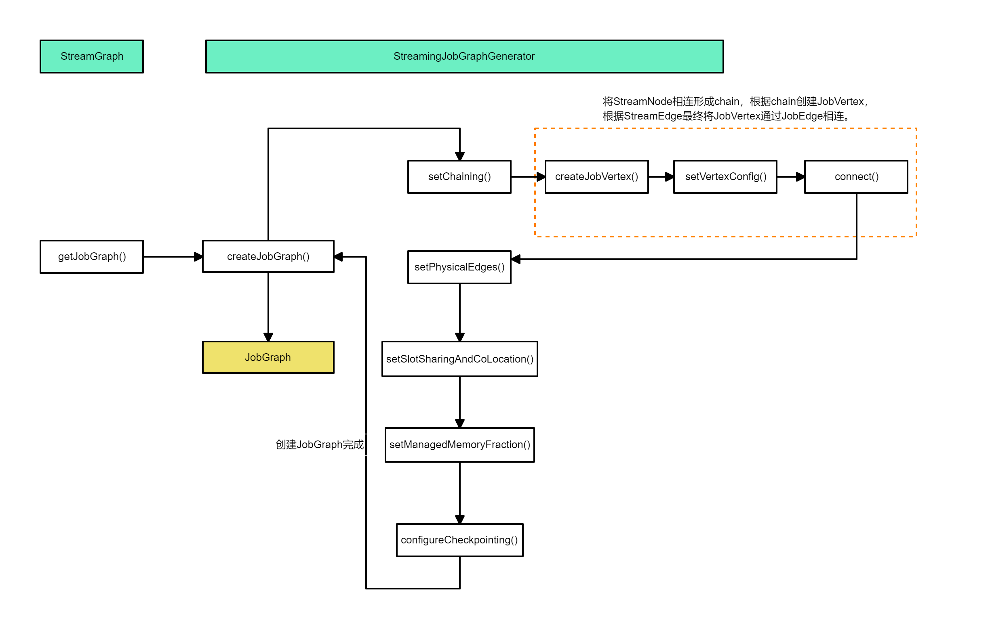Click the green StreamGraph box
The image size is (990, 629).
(x=92, y=56)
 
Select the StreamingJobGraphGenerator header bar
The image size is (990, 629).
(x=464, y=56)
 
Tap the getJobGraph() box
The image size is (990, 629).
(x=92, y=257)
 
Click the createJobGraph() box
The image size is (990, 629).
(x=268, y=257)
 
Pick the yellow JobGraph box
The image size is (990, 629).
(x=268, y=357)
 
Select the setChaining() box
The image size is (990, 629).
(x=459, y=177)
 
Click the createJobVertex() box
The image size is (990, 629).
(x=596, y=177)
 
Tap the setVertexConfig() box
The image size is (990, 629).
(x=725, y=177)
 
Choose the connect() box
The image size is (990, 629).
(x=856, y=177)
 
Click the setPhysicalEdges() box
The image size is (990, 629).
(x=459, y=267)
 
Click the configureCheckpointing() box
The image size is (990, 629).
(x=459, y=540)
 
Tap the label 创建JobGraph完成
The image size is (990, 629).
(x=320, y=444)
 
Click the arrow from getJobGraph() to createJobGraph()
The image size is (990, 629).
(x=173, y=257)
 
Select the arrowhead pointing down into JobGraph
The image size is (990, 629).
(x=268, y=337)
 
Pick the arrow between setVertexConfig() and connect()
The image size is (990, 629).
(x=790, y=177)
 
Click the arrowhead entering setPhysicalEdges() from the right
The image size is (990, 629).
(x=516, y=259)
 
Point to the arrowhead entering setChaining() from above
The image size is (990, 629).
(x=460, y=156)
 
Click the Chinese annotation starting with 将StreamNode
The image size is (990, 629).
(x=735, y=109)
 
